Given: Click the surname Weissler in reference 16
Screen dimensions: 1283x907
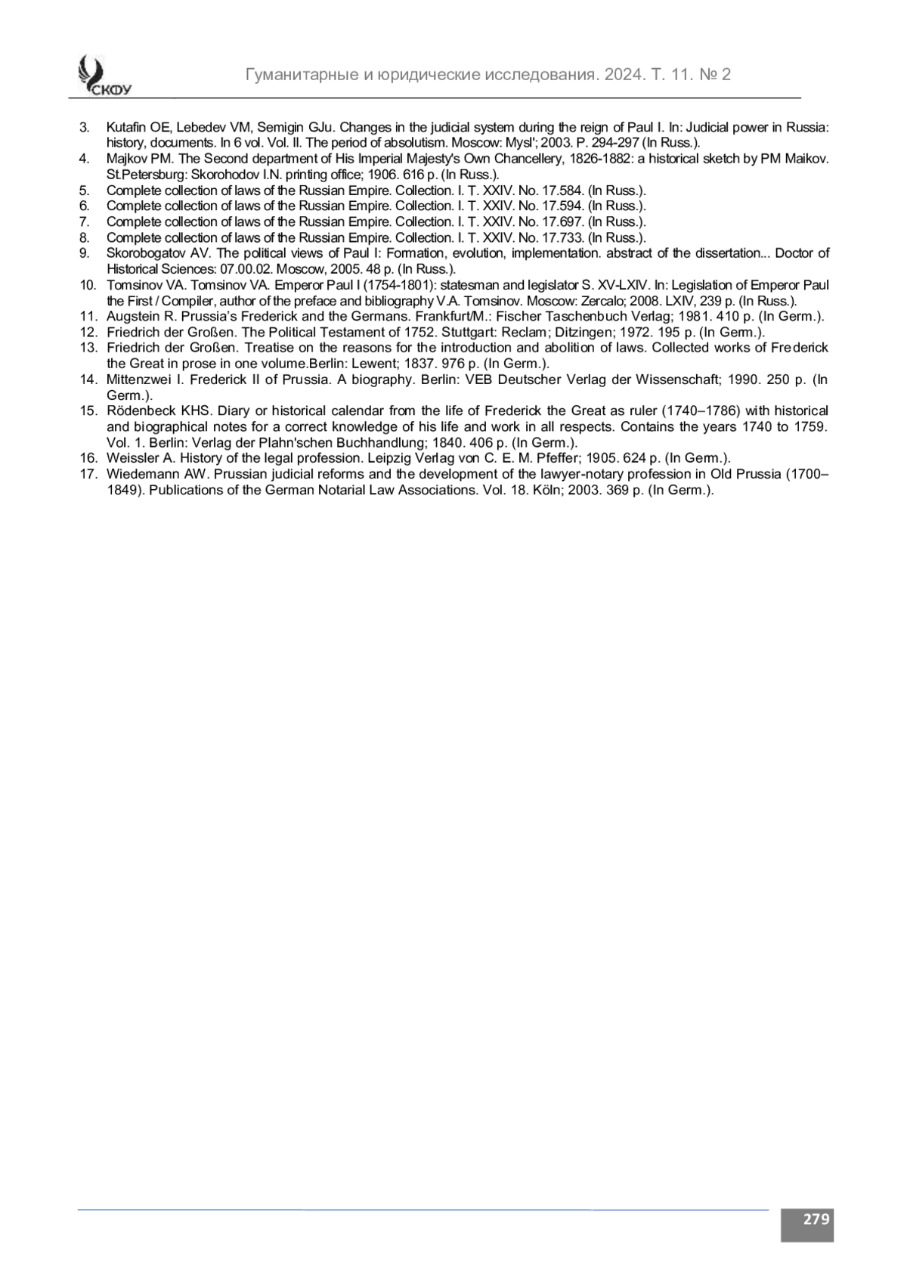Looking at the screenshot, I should [x=130, y=458].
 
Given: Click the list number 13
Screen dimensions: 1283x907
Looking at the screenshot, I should [x=88, y=348].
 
